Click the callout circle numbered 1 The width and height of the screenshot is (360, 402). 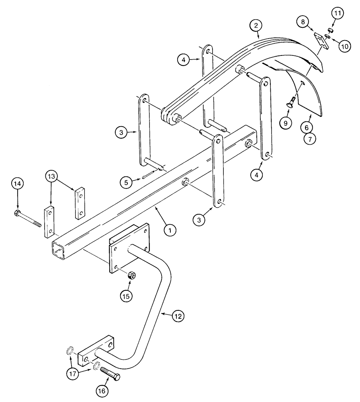pos(170,230)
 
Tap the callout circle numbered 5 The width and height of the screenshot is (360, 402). pos(126,182)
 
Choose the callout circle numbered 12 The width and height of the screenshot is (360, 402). pos(178,316)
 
